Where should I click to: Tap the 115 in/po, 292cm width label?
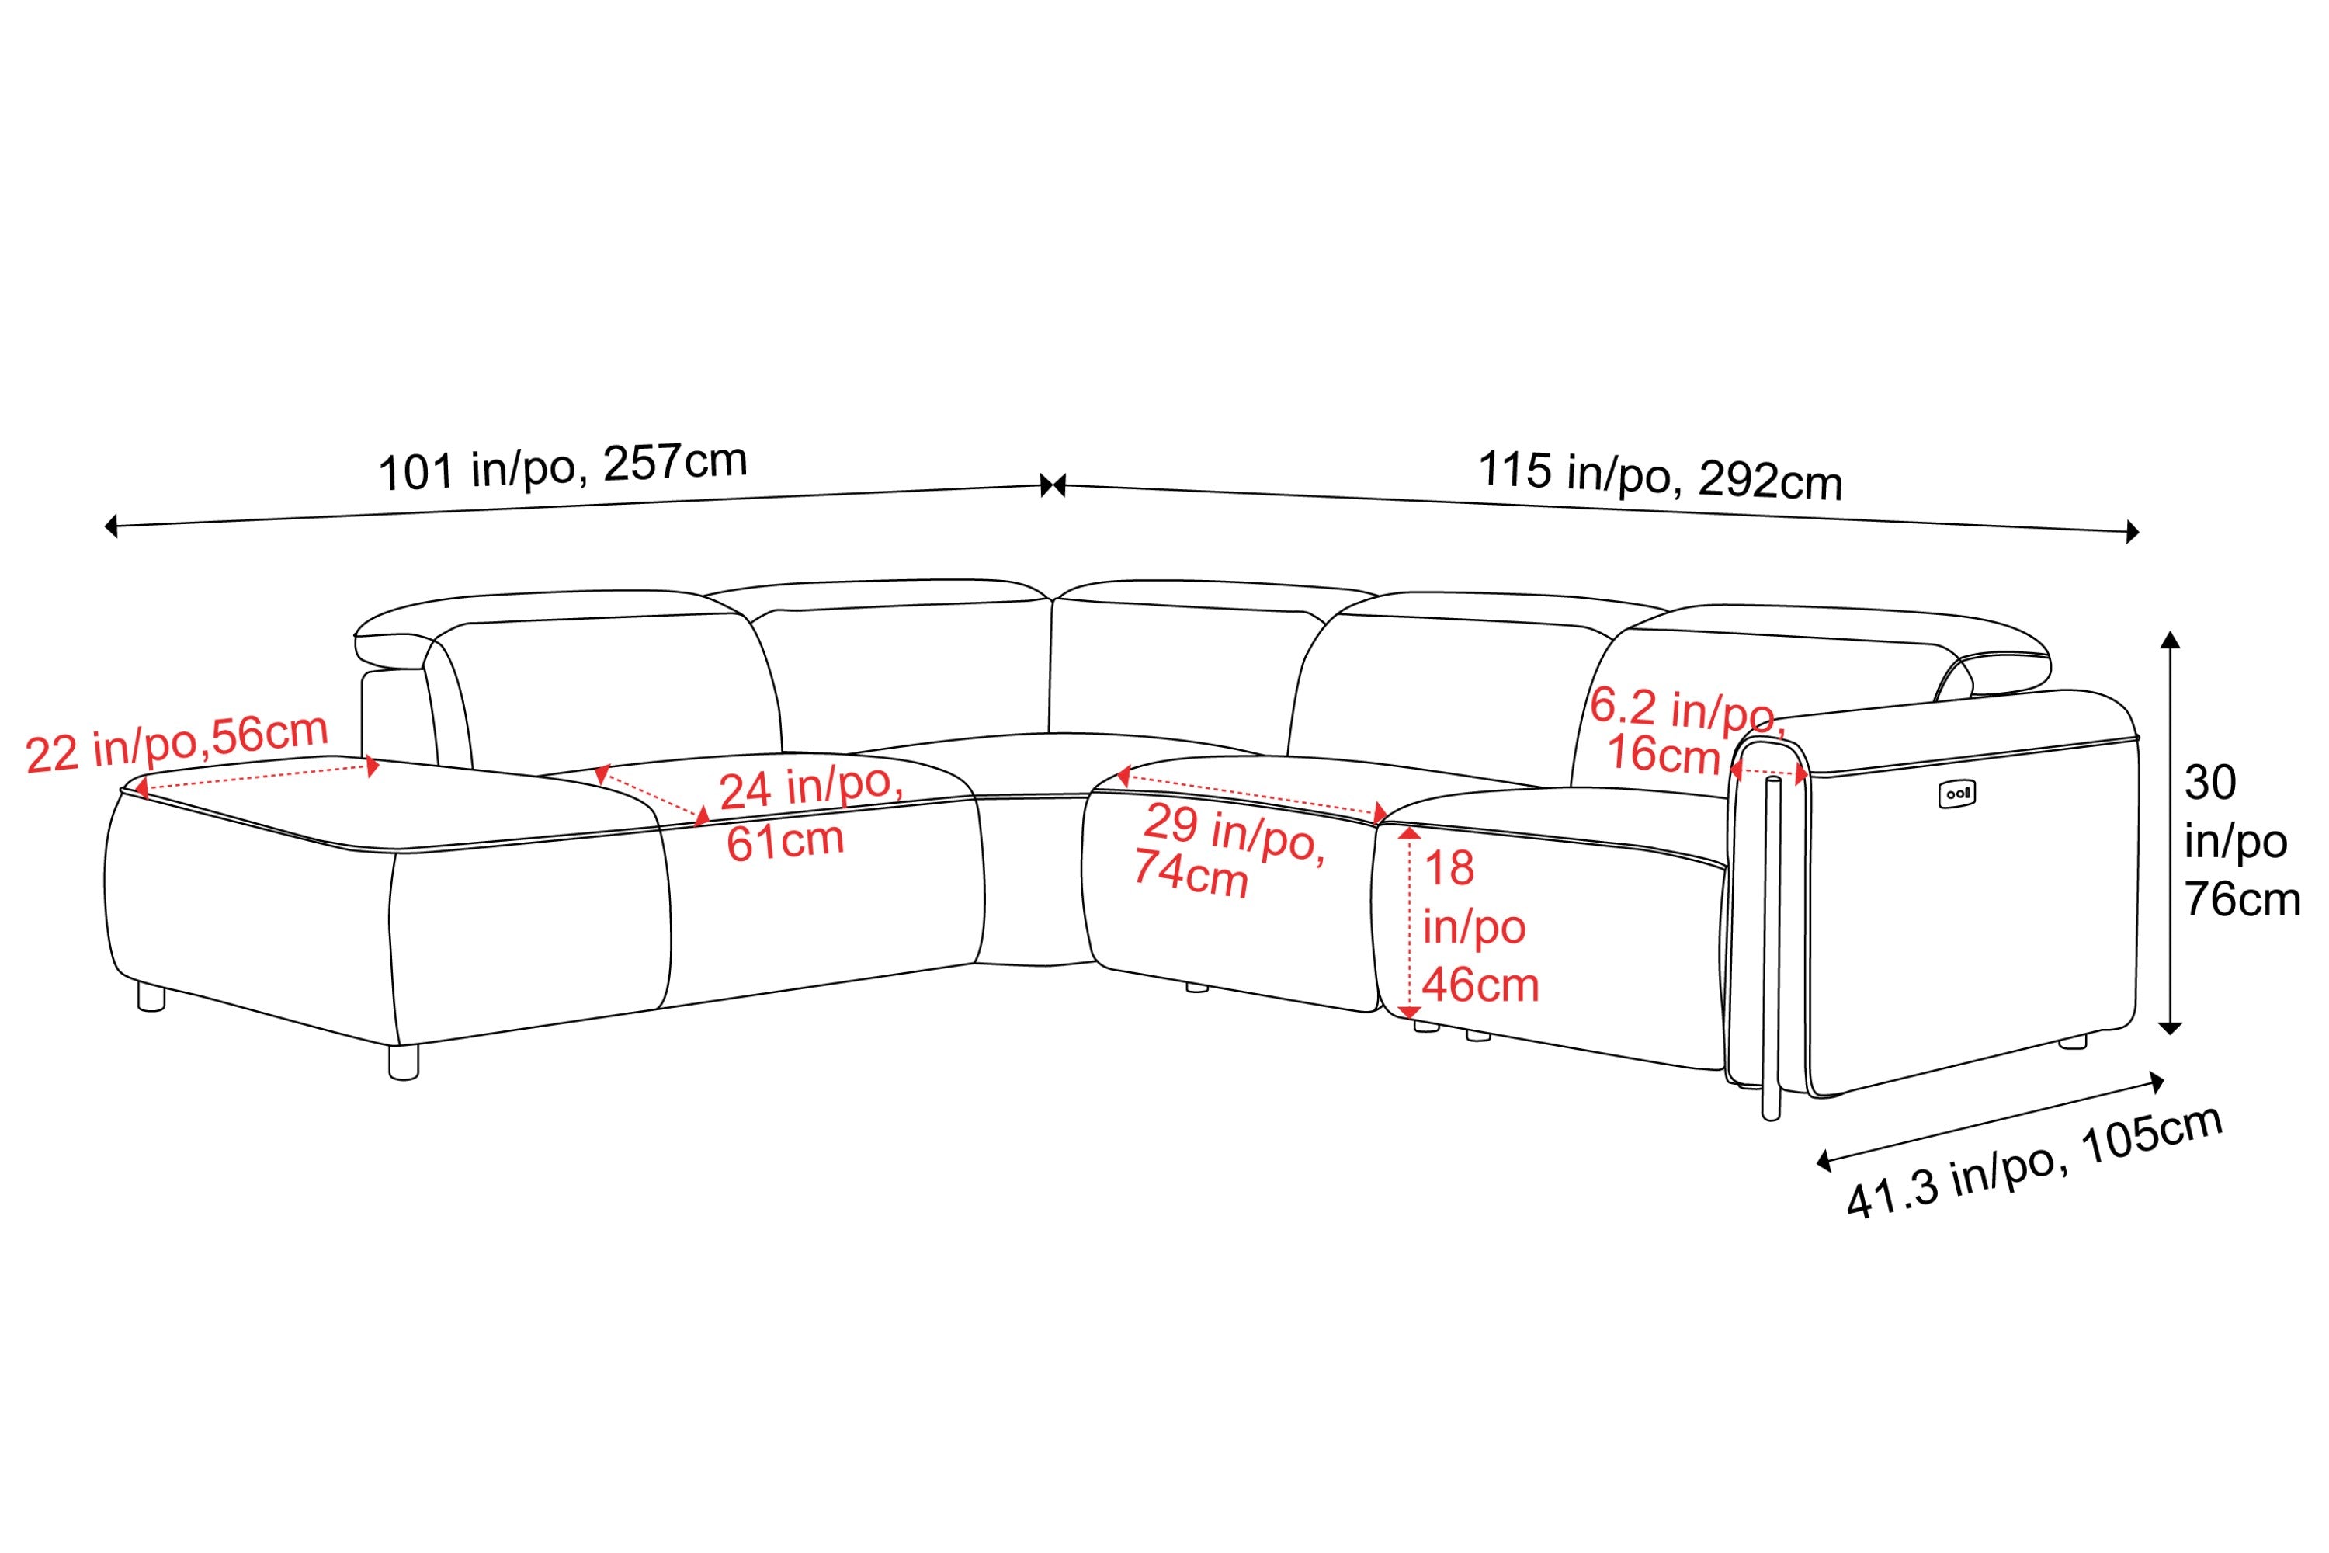pos(1660,474)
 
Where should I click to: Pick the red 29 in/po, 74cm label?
pos(1229,849)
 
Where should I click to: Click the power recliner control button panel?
pos(1956,794)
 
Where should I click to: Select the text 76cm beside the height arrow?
pos(2242,900)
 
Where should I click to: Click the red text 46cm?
pos(1480,985)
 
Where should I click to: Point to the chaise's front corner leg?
pos(404,1061)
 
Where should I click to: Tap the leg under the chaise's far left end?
pos(151,996)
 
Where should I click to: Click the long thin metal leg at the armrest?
pos(1772,949)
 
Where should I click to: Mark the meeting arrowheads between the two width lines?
pos(1053,485)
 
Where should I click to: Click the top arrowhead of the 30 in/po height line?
pos(2170,639)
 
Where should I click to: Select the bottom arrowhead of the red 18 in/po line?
pos(1409,1013)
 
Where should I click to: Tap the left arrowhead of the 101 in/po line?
pos(111,526)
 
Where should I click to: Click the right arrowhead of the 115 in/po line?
pos(2133,532)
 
